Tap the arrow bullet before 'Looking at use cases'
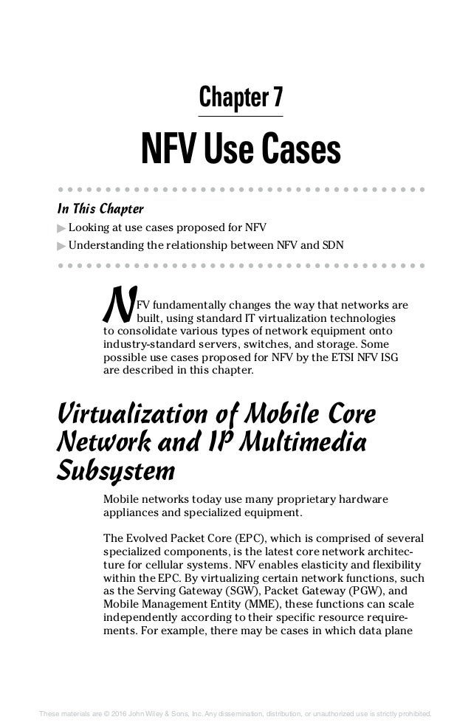coord(61,227)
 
